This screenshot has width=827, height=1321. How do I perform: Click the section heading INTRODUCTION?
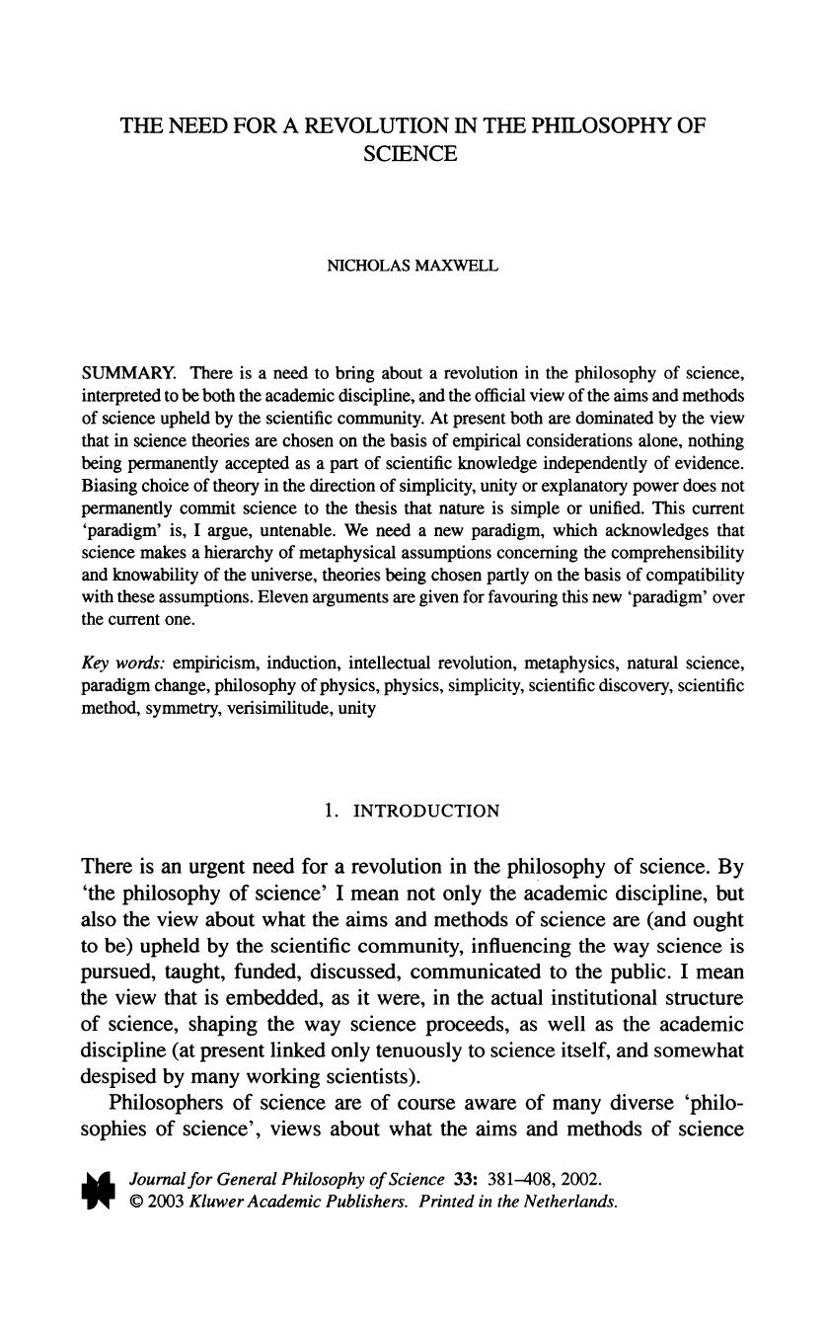click(x=426, y=812)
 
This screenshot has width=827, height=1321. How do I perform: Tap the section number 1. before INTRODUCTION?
click(x=333, y=812)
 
